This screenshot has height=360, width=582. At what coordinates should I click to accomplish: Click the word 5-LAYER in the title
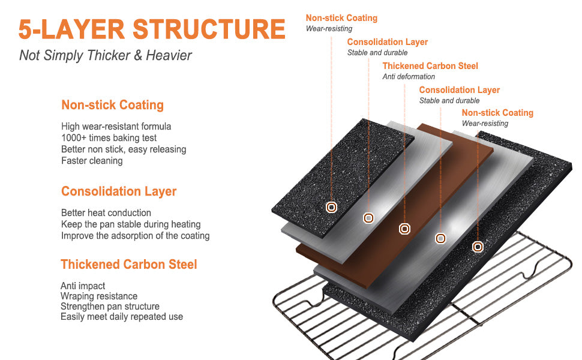[x=71, y=29]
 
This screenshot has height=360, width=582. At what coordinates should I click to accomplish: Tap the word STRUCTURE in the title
[x=208, y=29]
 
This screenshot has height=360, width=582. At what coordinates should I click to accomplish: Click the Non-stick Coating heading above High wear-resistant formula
[x=112, y=105]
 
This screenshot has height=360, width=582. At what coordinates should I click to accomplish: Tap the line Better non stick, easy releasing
[x=124, y=149]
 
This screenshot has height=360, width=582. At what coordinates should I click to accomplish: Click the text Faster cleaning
[x=92, y=161]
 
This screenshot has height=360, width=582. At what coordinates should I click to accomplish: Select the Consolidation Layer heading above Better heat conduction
[x=119, y=191]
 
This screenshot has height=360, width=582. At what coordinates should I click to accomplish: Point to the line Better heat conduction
[x=106, y=213]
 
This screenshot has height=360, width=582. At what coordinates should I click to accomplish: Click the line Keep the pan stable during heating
[x=131, y=224]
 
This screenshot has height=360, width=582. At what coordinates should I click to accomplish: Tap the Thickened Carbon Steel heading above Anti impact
[x=129, y=265]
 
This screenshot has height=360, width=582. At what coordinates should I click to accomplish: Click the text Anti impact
[x=83, y=286]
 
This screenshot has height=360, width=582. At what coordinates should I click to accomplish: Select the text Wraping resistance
[x=99, y=296]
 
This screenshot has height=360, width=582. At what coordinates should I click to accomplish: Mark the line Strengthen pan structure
[x=110, y=307]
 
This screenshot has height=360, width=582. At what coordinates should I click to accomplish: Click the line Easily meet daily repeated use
[x=122, y=317]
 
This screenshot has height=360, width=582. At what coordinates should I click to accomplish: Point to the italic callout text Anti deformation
[x=409, y=77]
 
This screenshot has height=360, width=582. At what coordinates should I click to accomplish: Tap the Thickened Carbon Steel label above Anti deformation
[x=430, y=66]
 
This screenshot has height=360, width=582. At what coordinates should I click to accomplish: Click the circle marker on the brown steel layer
[x=405, y=229]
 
